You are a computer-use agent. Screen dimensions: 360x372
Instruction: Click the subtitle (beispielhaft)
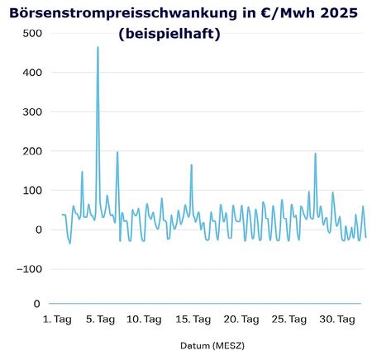168,36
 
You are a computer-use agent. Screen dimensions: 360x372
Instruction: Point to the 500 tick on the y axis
31,33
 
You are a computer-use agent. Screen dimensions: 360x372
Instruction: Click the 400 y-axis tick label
31,73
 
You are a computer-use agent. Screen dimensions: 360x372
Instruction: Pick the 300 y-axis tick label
31,111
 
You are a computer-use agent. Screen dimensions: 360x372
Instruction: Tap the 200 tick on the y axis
31,151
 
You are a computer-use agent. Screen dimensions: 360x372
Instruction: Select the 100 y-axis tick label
31,191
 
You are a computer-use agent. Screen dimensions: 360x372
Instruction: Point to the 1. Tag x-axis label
57,319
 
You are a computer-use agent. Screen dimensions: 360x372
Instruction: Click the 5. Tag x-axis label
98,319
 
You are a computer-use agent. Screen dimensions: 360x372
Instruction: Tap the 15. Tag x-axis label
193,319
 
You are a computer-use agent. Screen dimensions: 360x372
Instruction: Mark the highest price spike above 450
98,48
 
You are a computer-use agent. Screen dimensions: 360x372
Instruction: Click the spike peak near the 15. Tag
192,165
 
